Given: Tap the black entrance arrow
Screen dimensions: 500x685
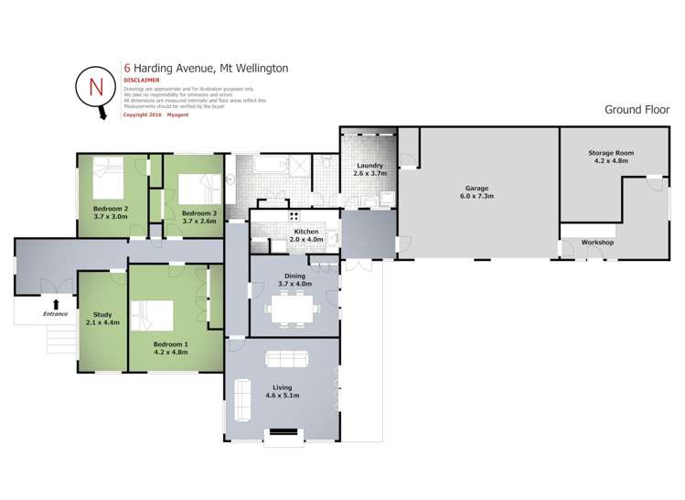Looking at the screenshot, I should point(57,304).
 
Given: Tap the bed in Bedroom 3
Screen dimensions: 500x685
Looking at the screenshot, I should point(195,189).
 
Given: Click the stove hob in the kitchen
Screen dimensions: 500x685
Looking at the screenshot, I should point(294,217).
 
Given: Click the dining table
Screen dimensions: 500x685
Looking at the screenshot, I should point(293,309).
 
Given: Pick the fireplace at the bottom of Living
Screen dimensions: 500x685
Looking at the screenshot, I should point(282,431).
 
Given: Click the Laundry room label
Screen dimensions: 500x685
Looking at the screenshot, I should point(369,166).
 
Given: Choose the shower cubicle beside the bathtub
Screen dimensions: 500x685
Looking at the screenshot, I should point(294,167).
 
